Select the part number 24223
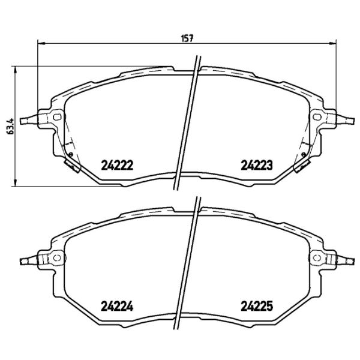click(x=257, y=164)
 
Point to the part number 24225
click(x=257, y=305)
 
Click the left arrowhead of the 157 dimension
click(x=40, y=43)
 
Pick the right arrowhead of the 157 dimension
click(x=333, y=43)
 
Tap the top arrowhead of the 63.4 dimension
click(x=15, y=68)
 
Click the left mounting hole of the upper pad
click(x=57, y=117)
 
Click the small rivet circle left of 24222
click(x=71, y=155)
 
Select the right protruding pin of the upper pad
click(x=346, y=120)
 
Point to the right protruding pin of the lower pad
click(x=346, y=261)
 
